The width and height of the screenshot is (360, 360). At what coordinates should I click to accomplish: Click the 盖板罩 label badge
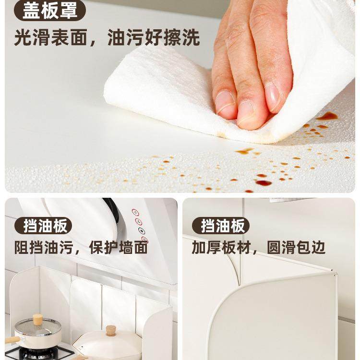point(50,10)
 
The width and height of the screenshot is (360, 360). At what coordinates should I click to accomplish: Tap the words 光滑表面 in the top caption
point(50,37)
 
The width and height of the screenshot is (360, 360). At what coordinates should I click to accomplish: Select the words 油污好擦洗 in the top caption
point(154,37)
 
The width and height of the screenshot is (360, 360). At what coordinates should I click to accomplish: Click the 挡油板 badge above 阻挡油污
point(48,225)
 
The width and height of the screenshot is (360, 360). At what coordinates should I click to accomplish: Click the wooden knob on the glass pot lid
point(37,319)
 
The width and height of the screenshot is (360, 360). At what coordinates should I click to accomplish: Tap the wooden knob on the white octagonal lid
point(111,330)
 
